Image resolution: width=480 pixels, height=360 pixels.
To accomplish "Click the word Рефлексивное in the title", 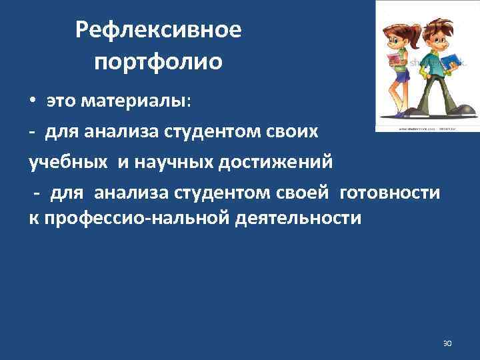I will coord(158,30).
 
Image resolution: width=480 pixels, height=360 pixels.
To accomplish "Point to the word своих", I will coord(290,131).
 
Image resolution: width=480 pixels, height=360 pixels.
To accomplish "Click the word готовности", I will coord(390,193).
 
